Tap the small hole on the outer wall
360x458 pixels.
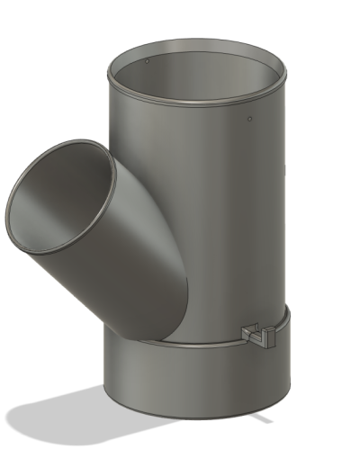pos(248,117)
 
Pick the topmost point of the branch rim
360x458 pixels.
pos(90,141)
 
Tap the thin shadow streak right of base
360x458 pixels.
pos(262,418)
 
